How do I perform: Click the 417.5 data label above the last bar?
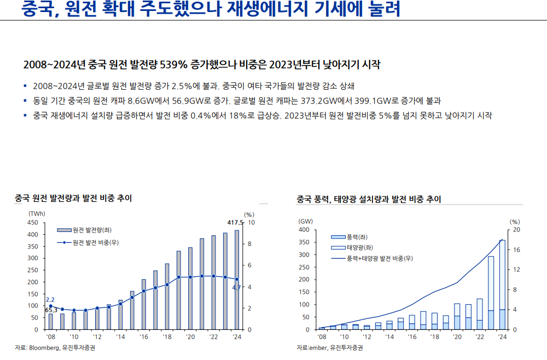235,222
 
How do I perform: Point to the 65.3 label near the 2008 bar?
51,310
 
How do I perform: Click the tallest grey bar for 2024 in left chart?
237,279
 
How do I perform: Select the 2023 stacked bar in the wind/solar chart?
491,293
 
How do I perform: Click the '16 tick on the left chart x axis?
144,337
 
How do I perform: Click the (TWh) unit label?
37,213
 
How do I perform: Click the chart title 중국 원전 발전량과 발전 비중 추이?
73,198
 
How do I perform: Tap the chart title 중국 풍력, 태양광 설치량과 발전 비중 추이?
369,199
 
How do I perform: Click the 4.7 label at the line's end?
237,287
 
